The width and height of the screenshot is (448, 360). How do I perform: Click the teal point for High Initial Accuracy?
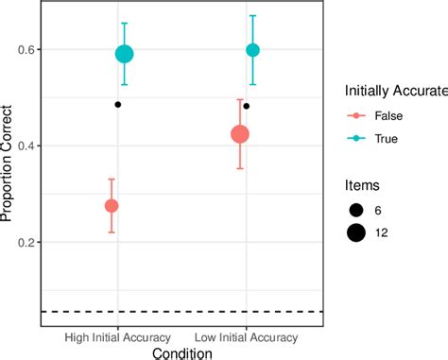(124, 54)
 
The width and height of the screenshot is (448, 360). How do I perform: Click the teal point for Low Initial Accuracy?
(252, 50)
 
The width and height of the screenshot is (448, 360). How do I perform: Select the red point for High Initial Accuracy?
(112, 206)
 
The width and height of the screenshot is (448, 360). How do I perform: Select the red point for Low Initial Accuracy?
(240, 134)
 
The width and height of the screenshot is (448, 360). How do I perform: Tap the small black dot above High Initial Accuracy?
(118, 104)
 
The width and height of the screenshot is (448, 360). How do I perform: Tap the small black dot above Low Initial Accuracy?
(247, 106)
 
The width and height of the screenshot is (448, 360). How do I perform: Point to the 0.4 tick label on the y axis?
(24, 146)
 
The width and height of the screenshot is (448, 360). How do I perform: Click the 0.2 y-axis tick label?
(24, 243)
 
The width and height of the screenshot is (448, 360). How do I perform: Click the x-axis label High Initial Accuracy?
(118, 337)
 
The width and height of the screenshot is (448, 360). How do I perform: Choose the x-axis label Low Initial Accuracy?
(247, 337)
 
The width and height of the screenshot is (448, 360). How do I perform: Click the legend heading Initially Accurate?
(392, 91)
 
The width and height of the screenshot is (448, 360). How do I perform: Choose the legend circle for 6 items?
(358, 209)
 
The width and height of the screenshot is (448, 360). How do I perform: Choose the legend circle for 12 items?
(358, 231)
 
